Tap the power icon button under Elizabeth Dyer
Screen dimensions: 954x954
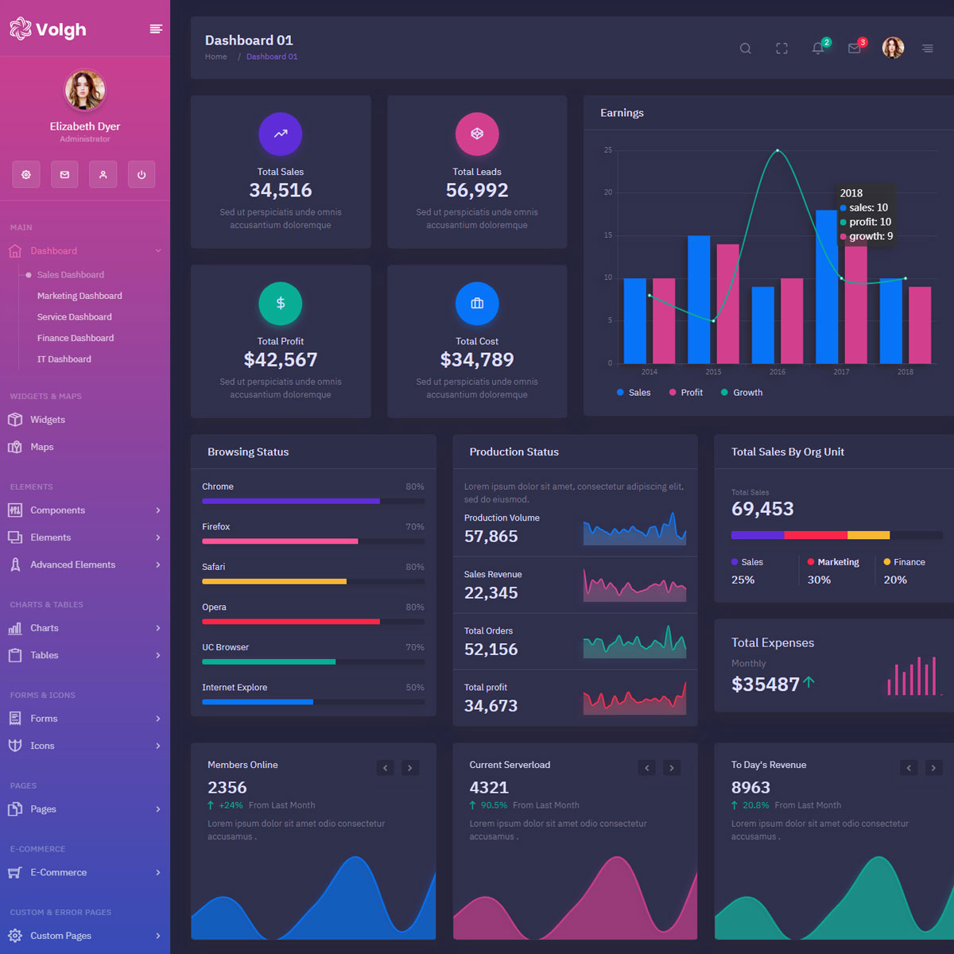tap(142, 175)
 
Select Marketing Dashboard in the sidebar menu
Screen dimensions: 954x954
tap(79, 296)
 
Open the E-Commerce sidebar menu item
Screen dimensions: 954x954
tap(59, 872)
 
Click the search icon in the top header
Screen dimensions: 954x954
tap(745, 48)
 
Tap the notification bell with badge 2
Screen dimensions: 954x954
tap(818, 48)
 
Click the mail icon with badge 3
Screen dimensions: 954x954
tap(855, 48)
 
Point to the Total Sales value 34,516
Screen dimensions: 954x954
tap(281, 191)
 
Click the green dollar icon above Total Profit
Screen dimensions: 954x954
tap(281, 304)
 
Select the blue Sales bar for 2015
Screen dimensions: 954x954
tap(699, 300)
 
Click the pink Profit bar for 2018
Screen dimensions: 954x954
tap(920, 325)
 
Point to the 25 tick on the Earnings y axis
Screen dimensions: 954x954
tap(608, 150)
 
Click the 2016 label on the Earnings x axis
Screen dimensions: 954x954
tap(778, 372)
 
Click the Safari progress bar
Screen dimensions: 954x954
tap(313, 582)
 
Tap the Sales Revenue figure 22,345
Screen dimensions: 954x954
tap(491, 593)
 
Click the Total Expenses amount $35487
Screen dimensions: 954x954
tap(766, 684)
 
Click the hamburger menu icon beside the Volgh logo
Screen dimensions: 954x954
tap(156, 29)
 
